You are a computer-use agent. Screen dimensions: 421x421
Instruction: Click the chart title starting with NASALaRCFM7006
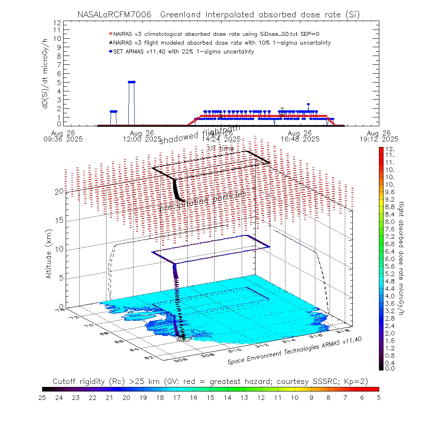click(x=218, y=15)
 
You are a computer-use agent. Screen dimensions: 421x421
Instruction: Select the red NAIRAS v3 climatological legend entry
click(x=217, y=34)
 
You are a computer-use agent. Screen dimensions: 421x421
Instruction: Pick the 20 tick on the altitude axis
click(x=59, y=191)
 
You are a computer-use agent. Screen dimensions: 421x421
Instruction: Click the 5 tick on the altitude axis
click(x=61, y=278)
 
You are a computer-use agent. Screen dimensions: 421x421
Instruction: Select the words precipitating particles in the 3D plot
click(x=202, y=202)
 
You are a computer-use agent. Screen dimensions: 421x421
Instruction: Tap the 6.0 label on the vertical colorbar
click(x=389, y=259)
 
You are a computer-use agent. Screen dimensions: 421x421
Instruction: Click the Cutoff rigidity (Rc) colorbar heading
click(x=210, y=381)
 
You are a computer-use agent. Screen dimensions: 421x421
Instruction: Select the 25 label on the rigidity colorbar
click(x=43, y=397)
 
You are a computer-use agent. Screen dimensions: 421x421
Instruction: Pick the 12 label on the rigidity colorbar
click(x=261, y=397)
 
